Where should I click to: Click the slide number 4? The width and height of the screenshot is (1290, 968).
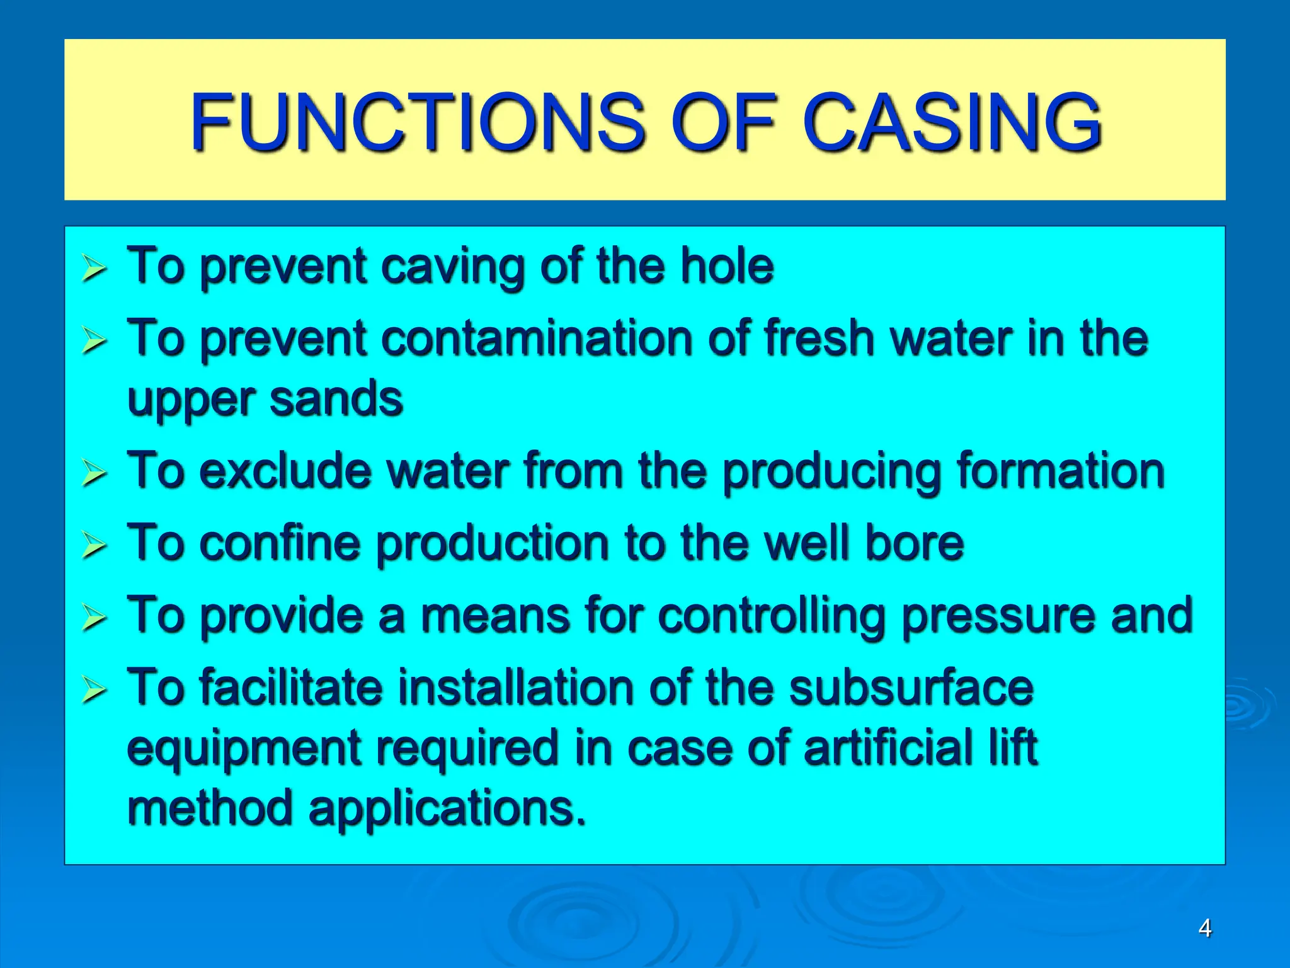pyautogui.click(x=1204, y=928)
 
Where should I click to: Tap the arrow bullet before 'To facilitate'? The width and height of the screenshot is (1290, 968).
pyautogui.click(x=94, y=691)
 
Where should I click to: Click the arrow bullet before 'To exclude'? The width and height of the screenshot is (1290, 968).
pyautogui.click(x=94, y=474)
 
